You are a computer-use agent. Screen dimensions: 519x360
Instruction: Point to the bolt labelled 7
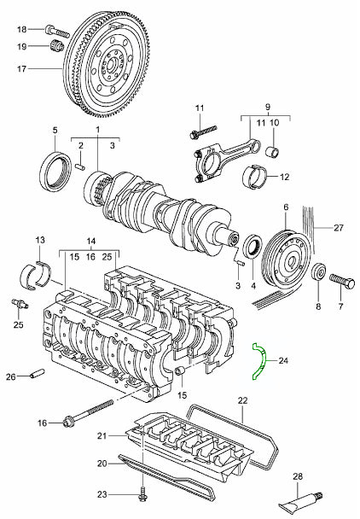pos(340,278)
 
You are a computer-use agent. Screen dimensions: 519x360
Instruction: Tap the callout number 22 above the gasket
pos(242,399)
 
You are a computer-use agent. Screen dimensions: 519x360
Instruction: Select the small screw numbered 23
pos(142,492)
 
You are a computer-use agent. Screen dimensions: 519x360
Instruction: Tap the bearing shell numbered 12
pos(256,177)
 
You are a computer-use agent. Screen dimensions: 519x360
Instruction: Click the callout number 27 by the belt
pos(339,228)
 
